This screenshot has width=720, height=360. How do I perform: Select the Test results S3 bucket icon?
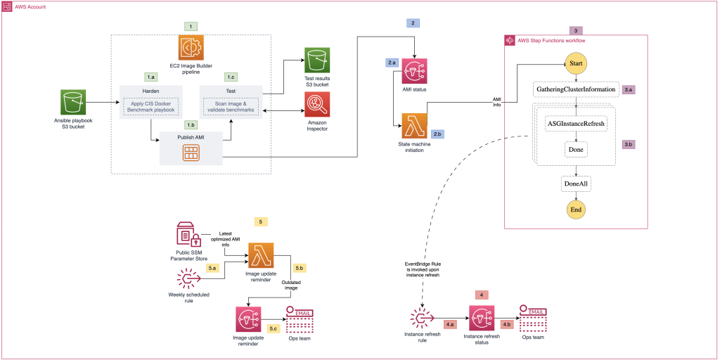tap(316, 60)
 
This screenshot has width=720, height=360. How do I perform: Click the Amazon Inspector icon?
tap(316, 105)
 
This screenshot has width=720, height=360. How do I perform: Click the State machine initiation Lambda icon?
tap(414, 126)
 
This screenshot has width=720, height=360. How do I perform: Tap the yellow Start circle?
tap(576, 65)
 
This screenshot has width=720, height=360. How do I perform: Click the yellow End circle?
tap(576, 210)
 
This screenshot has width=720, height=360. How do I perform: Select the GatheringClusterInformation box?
tap(576, 90)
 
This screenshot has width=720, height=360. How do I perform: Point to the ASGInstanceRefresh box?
tap(576, 124)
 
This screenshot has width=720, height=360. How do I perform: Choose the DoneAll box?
tap(576, 182)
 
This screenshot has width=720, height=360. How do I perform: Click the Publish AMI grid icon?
tap(191, 153)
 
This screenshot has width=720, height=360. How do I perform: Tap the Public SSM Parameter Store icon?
tap(188, 233)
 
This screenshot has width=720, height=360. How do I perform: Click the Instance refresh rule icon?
tap(423, 319)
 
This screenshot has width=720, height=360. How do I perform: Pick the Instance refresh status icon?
tap(482, 319)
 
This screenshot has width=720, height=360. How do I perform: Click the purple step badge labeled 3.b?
tap(631, 144)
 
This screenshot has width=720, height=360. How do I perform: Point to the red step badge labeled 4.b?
tap(507, 325)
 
